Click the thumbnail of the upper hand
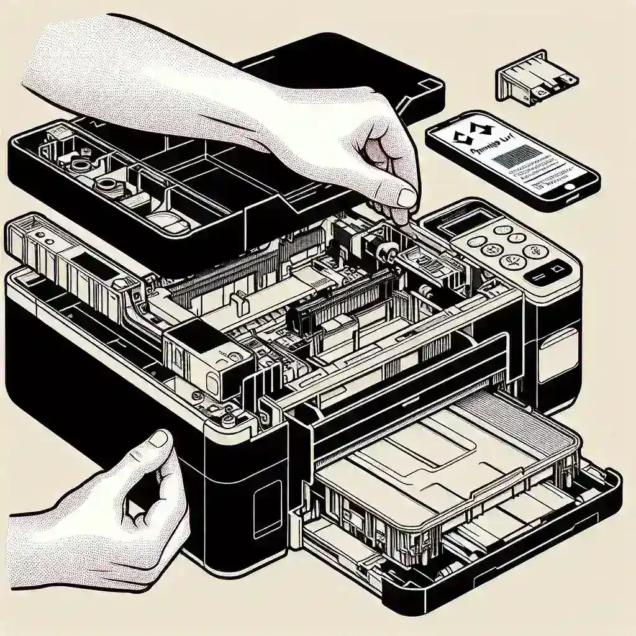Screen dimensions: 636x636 click(x=407, y=198)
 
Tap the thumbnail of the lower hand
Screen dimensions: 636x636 click(x=159, y=439)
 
